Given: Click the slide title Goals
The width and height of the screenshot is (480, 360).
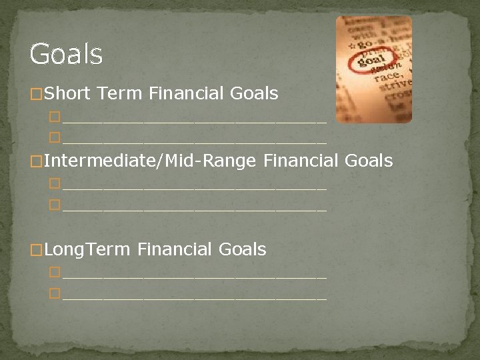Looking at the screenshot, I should click(66, 54).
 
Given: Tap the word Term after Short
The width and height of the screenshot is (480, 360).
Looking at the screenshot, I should click(119, 93).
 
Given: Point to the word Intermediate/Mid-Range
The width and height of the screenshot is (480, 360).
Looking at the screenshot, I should click(151, 161).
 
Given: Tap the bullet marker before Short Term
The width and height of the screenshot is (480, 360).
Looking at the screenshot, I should click(37, 95).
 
